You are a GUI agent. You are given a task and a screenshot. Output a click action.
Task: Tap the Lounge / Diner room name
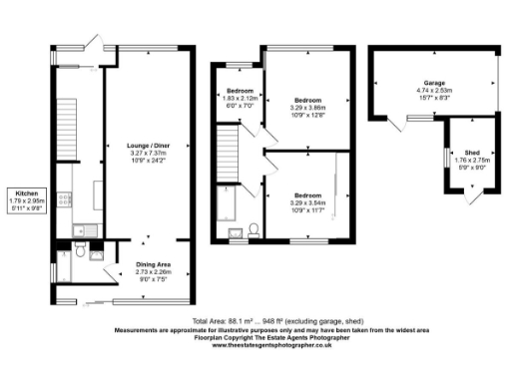(147, 145)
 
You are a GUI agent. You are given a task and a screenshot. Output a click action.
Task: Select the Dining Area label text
(147, 264)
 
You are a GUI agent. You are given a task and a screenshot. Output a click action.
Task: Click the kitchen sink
(78, 232)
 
